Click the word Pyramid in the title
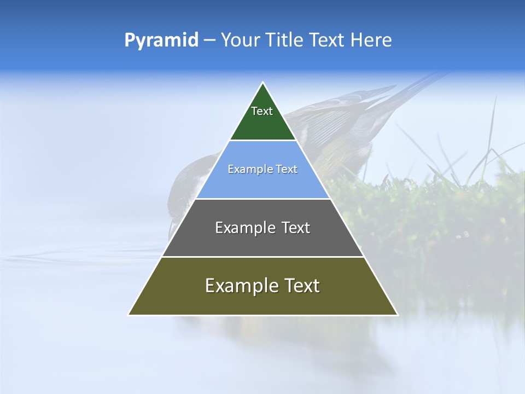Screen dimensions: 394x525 coord(161,40)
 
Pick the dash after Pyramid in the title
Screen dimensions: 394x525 coord(209,40)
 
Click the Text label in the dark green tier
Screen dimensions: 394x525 coord(262,111)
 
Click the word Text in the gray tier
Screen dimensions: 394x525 coord(296,228)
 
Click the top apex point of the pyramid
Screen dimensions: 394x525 coord(263,83)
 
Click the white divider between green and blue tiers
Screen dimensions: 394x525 coord(263,141)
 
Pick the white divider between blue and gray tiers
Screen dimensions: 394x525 coord(263,199)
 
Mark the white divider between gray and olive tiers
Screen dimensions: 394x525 coord(263,257)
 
